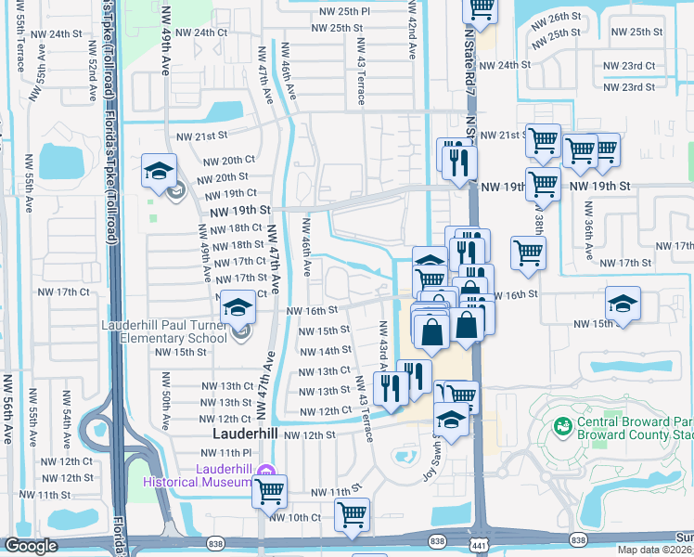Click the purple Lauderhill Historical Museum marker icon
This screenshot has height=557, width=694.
266,471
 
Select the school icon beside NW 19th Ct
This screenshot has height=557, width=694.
159,174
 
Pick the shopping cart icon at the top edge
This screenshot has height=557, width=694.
481,8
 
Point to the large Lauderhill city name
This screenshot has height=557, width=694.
245,434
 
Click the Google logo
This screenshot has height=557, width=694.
31,546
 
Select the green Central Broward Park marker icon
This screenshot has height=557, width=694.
561,426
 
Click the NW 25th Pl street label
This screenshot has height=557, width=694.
340,11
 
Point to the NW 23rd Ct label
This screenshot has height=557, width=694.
629,66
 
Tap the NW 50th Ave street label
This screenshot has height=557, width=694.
164,409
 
